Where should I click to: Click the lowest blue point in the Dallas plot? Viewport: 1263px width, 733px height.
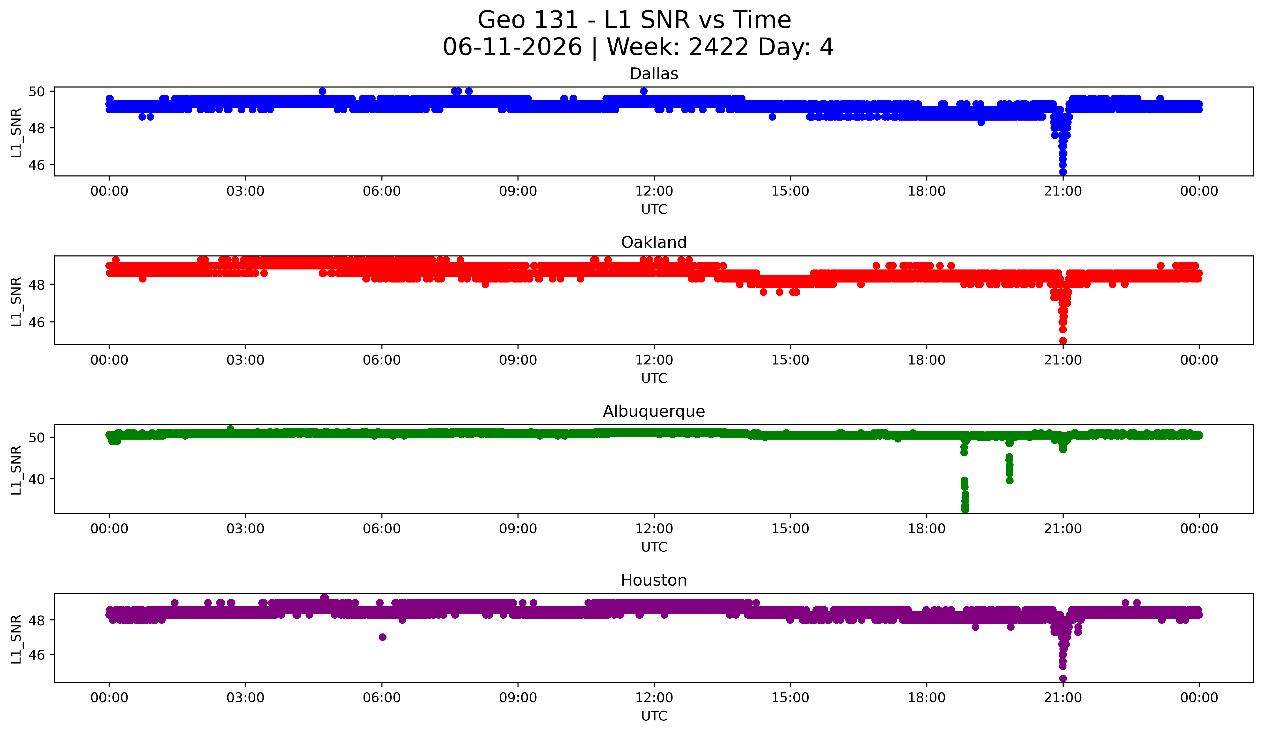click(x=1063, y=172)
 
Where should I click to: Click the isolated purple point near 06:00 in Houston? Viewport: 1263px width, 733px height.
click(x=382, y=637)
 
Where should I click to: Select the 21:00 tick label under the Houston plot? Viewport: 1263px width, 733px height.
click(x=1063, y=697)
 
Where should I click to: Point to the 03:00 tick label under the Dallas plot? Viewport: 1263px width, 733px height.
click(x=246, y=191)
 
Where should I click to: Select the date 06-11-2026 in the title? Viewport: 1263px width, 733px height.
click(x=512, y=47)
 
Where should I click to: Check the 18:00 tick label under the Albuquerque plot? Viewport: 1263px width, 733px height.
click(x=926, y=529)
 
